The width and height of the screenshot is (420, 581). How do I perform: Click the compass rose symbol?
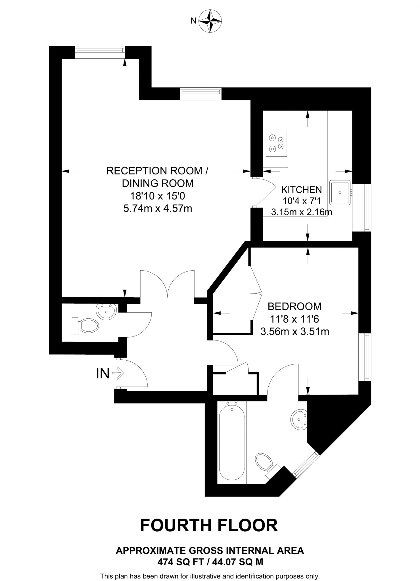210,21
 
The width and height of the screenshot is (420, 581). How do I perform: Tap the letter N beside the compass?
193,21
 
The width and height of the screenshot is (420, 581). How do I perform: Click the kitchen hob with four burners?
276,144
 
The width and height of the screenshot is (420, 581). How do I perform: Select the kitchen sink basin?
340,192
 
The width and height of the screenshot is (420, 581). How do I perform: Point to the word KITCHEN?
301,190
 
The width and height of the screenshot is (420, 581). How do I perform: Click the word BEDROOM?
294,306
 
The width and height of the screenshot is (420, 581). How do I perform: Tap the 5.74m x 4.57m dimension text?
158,209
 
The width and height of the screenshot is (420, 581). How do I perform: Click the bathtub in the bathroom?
232,443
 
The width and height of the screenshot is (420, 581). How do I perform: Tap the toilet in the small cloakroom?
87,326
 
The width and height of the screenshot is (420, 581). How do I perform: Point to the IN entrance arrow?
118,373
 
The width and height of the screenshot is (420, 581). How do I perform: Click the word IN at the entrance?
103,373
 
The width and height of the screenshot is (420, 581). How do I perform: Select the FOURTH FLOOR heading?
209,525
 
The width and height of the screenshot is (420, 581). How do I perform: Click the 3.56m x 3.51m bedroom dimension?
294,331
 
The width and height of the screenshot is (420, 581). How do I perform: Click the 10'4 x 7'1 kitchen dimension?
301,201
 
